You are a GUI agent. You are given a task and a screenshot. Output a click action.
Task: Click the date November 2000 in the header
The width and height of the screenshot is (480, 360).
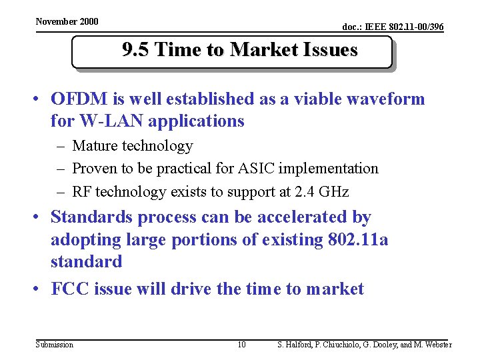[x=67, y=21]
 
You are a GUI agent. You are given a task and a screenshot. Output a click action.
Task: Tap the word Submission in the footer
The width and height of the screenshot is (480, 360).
[x=55, y=345]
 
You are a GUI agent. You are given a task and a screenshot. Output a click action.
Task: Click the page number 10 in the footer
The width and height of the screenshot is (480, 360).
[x=241, y=345]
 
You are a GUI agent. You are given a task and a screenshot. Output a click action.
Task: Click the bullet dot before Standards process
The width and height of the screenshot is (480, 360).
[x=40, y=218]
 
